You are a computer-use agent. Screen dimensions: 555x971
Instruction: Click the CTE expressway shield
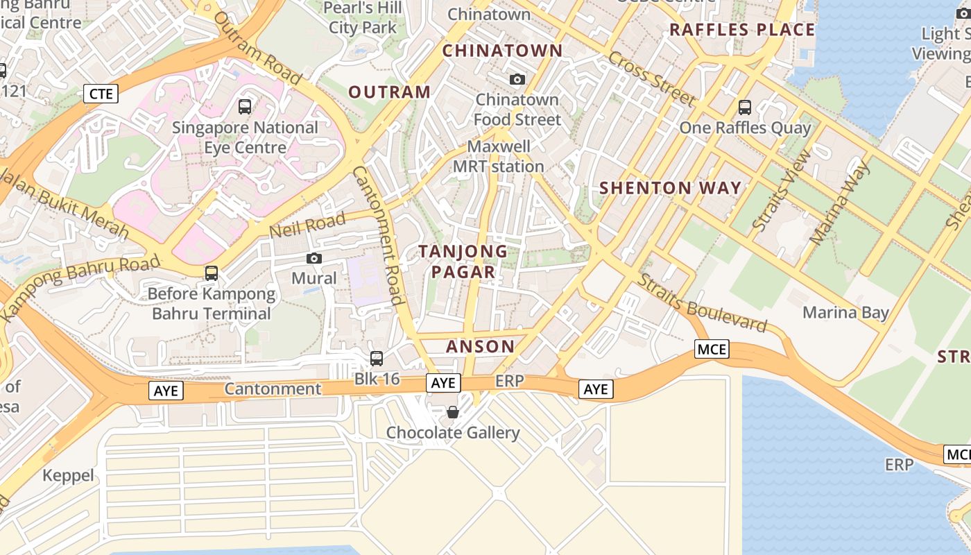(101, 94)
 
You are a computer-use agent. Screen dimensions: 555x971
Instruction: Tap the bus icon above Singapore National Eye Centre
(245, 107)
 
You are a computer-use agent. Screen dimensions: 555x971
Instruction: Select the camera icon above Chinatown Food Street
(517, 80)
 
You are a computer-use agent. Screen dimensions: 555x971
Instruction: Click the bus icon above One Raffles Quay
(745, 108)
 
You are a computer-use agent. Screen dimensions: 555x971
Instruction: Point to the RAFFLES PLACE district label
(742, 30)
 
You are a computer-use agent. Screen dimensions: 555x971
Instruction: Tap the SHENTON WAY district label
(670, 188)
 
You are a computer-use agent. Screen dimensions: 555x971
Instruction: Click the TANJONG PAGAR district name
(463, 262)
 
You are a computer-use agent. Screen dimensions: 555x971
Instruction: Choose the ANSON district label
(480, 346)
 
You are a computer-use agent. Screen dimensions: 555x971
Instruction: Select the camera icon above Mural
(314, 259)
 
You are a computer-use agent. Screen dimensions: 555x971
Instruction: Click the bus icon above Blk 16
(377, 359)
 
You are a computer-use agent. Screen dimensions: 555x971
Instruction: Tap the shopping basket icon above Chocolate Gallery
(453, 413)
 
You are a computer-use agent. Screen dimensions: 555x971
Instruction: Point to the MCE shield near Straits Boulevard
(712, 349)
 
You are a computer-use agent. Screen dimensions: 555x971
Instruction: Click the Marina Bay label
(845, 312)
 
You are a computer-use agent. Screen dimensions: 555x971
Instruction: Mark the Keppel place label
(68, 475)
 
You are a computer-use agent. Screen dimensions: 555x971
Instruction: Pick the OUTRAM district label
(389, 92)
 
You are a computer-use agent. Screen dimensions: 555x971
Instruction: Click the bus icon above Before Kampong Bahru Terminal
(212, 273)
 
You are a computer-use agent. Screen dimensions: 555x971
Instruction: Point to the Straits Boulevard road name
(702, 303)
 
